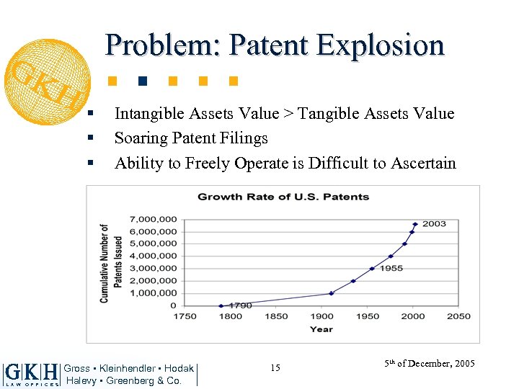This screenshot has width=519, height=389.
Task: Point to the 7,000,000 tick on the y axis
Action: pos(154,219)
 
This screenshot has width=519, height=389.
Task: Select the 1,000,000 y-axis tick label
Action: pos(154,293)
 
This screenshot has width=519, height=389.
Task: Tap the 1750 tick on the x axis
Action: pos(185,316)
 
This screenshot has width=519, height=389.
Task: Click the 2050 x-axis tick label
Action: pos(458,316)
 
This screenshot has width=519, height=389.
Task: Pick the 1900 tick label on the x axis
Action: pos(321,316)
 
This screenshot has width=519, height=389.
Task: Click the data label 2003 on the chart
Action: pos(434,223)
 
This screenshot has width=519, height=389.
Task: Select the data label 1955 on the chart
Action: pos(391,268)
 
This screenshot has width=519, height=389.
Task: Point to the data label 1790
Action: pos(240,305)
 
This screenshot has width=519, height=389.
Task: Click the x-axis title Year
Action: pos(321,329)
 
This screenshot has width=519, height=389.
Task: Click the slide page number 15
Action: pos(275,368)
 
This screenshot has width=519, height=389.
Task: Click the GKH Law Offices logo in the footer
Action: pos(31,374)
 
